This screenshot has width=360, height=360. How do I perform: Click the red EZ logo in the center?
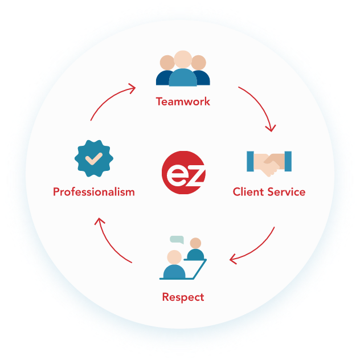[182, 173]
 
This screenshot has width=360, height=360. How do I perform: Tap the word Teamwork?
[183, 102]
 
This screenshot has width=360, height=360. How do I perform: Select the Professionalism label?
[94, 192]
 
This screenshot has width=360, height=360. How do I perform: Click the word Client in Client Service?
[249, 192]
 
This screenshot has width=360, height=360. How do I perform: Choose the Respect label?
[183, 297]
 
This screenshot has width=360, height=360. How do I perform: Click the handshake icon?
[269, 163]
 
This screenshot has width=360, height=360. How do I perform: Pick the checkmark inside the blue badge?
[94, 157]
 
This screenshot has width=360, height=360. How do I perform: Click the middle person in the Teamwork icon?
[183, 71]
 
